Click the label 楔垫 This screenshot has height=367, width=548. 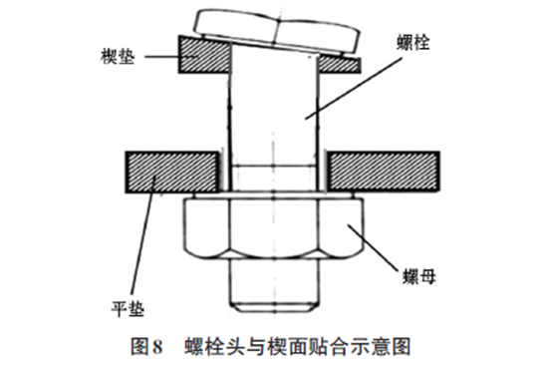118,56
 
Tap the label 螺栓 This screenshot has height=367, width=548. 412,42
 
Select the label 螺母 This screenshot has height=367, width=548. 419,276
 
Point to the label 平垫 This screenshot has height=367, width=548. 128,308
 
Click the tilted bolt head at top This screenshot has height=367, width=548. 278,30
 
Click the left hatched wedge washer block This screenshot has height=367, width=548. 204,55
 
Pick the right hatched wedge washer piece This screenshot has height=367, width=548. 339,65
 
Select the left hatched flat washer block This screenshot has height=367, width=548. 172,172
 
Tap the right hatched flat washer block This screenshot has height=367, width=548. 383,172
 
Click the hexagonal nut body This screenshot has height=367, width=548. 274,228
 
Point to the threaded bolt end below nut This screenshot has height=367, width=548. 274,286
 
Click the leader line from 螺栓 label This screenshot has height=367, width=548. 353,89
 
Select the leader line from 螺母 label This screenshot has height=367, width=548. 373,248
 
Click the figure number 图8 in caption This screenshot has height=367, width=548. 146,347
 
